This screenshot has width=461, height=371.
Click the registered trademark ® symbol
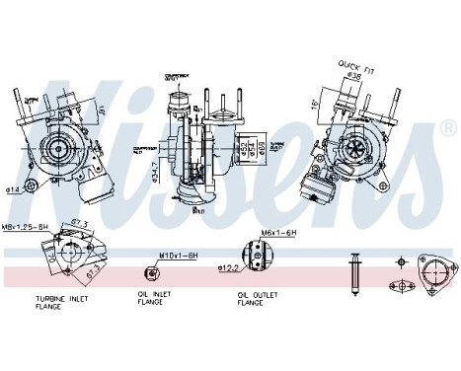coord(449,129)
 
